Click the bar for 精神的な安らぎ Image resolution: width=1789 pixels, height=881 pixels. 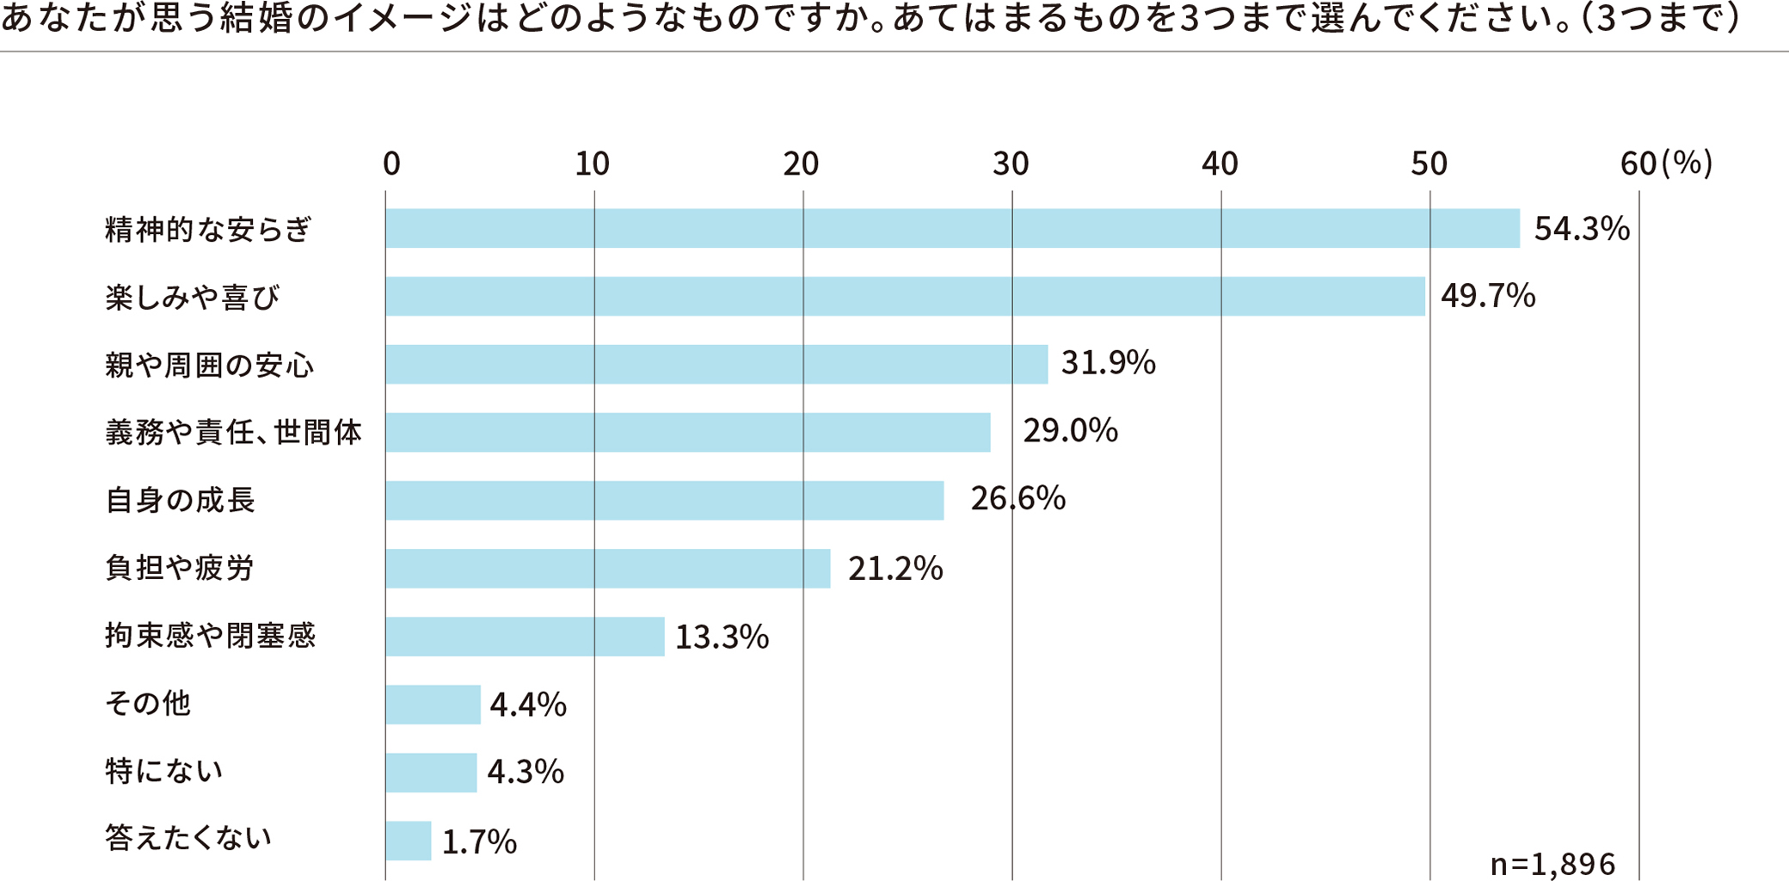952,228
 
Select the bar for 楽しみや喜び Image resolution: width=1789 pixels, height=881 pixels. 905,296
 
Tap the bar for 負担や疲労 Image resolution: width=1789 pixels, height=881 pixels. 608,568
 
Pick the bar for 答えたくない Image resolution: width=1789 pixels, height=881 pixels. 409,841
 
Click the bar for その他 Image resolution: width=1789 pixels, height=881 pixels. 433,705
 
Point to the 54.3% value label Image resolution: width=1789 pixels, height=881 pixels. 1582,229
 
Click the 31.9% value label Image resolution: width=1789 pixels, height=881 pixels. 1108,363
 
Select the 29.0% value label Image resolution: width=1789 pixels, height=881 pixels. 1070,430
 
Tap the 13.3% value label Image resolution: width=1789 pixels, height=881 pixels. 722,637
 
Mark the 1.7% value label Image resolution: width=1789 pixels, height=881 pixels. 479,841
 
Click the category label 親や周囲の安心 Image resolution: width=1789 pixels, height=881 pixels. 210,365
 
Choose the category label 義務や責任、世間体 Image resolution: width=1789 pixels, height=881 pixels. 233,432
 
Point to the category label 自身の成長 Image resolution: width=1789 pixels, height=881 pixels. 180,500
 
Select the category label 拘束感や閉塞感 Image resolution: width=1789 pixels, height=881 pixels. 211,636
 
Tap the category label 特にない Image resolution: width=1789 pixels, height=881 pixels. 164,771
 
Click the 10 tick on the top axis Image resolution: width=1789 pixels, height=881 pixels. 593,163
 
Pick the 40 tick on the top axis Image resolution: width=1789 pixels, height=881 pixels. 1220,163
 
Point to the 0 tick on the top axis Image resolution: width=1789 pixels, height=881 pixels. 391,163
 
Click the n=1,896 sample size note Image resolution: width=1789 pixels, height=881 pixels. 1552,864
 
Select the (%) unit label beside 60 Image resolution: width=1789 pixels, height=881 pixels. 1688,163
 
